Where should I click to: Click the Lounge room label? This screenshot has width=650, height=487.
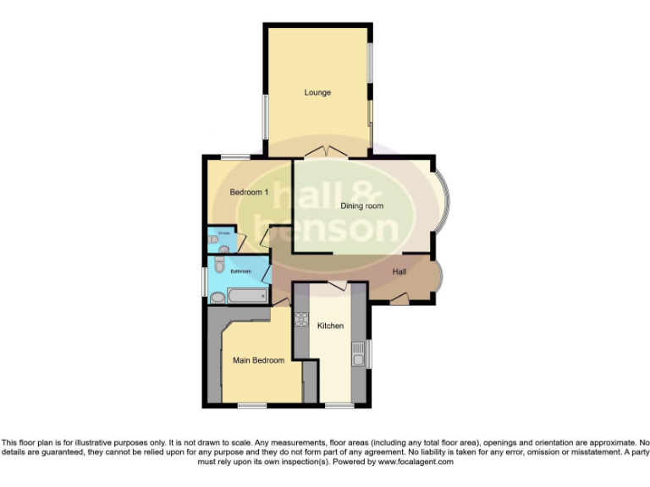[x=317, y=92]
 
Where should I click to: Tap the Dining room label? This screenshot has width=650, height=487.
[x=361, y=205]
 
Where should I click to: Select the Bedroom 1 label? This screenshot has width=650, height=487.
[x=249, y=193]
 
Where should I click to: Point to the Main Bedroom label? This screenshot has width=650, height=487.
[x=258, y=360]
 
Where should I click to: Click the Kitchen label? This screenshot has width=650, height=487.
[x=330, y=326]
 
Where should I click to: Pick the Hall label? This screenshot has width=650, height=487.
[x=399, y=271]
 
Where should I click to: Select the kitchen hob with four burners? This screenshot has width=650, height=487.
[x=300, y=320]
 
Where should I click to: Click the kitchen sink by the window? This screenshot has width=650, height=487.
[x=359, y=351]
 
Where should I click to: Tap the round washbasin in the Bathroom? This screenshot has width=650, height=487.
[x=217, y=297]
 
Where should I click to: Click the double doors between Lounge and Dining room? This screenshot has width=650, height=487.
[x=325, y=152]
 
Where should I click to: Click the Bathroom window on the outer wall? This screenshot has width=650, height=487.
[x=203, y=282]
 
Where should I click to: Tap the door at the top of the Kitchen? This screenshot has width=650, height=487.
[x=338, y=287]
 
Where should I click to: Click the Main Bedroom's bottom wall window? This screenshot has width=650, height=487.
[x=251, y=406]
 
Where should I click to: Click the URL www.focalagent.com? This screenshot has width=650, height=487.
[x=415, y=462]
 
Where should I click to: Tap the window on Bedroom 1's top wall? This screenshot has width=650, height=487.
[x=235, y=156]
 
